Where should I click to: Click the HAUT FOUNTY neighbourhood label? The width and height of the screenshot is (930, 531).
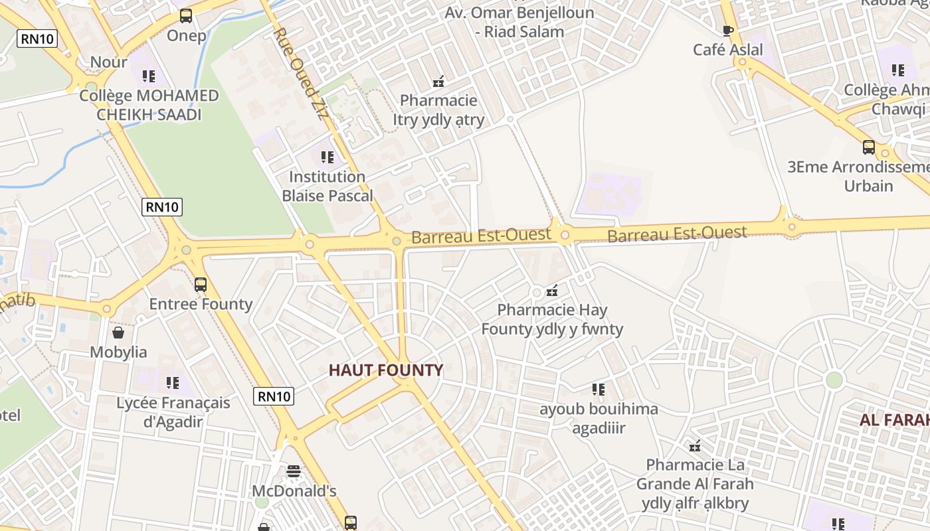386,370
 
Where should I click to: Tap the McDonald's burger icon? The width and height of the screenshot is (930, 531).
294,471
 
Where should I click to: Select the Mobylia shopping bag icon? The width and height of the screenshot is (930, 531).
118,332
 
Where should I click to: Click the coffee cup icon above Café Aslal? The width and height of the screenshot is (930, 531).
728,31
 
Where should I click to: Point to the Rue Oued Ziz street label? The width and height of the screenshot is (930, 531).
301,73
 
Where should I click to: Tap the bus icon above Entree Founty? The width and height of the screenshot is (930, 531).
200,285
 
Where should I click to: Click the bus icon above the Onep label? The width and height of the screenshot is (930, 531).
186,16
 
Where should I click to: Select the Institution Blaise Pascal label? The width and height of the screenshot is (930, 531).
327,187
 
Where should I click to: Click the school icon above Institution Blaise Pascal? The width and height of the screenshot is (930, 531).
327,157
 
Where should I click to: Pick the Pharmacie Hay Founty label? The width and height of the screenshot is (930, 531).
552,319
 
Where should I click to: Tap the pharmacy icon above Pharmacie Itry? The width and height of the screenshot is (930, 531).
438,82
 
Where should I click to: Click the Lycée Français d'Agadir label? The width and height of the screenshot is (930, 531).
173,412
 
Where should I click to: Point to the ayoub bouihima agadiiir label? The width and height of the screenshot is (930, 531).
599,418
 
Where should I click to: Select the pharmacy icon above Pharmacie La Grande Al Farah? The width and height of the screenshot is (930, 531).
695,446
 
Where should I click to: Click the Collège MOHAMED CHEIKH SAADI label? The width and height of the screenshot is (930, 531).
149,105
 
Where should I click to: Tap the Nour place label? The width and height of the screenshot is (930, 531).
108,62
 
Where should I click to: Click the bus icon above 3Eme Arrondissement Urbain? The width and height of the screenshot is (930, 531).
868,147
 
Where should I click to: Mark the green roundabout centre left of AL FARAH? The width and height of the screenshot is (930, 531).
834,380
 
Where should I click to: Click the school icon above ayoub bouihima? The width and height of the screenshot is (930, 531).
599,390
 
